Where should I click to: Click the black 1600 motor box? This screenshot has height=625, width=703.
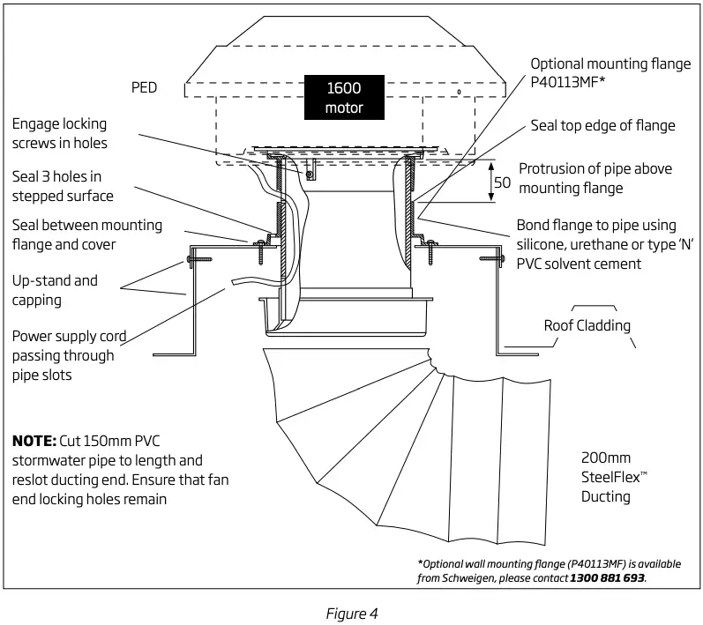point(343,98)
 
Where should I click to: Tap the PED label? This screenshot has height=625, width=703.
point(145,89)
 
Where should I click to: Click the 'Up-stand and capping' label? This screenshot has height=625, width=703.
point(56,290)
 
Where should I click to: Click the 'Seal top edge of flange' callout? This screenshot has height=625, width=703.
point(602,125)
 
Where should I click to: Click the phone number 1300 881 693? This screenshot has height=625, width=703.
point(606,577)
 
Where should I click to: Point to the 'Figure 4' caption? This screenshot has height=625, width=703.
point(352,611)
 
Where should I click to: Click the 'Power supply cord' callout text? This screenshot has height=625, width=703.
point(70,336)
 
